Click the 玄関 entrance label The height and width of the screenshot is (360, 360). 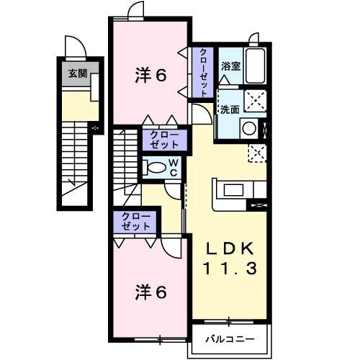tap(76, 72)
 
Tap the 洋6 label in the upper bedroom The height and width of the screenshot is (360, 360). tap(153, 75)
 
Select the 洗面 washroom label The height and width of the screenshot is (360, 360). tap(230, 110)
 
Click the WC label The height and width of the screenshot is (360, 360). tap(174, 168)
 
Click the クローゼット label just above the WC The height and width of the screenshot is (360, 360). tap(165, 139)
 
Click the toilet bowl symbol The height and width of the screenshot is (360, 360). tap(156, 168)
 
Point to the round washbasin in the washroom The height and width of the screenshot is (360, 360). tap(248, 128)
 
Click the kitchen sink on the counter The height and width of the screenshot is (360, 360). tap(234, 191)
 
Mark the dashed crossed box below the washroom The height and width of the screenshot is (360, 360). tap(256, 152)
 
